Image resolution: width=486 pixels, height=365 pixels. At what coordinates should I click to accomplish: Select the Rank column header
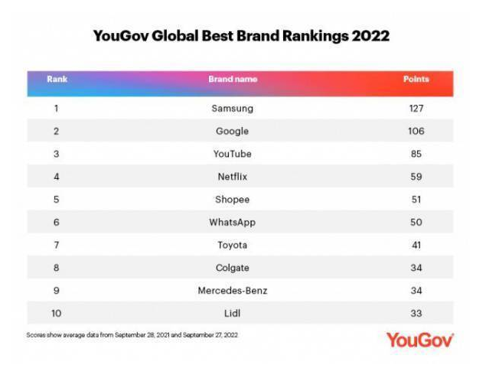(x=57, y=80)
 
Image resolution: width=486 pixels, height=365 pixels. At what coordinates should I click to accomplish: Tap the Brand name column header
(x=233, y=80)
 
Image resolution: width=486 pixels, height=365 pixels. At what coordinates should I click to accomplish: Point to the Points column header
(x=416, y=80)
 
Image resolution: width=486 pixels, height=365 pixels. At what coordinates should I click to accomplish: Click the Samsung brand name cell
(x=233, y=109)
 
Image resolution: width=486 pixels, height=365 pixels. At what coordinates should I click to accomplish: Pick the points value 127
(x=416, y=109)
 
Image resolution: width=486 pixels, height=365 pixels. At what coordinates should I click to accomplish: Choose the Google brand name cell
(x=233, y=132)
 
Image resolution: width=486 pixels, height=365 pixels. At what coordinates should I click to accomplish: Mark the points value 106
(x=416, y=132)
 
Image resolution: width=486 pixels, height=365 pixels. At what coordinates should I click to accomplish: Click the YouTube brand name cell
(x=233, y=154)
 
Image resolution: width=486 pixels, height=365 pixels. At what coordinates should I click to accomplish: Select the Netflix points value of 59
(x=416, y=177)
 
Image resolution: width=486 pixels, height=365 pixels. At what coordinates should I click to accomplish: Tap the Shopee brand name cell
(x=233, y=200)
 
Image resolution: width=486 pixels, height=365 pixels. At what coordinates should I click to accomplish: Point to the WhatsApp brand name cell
(x=233, y=222)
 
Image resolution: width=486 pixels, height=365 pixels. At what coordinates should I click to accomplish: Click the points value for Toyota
(x=416, y=245)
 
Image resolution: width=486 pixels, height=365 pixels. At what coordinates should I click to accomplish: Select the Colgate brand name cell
(x=233, y=268)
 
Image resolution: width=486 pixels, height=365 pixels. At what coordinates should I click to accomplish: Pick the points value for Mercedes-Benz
(x=416, y=290)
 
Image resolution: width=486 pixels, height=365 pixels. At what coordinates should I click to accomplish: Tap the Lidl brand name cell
(x=233, y=313)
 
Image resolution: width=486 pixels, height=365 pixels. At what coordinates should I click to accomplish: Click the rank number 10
(x=57, y=313)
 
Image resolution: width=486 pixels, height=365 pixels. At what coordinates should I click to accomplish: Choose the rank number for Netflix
(x=57, y=177)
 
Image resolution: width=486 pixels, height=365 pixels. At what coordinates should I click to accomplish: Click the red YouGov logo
(x=419, y=340)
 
